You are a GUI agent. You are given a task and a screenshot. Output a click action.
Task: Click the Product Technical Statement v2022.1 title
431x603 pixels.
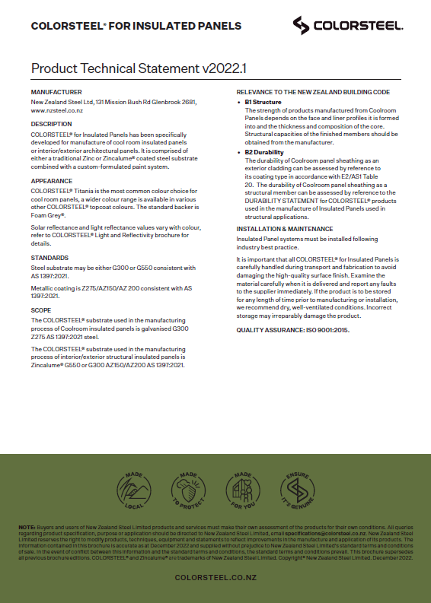pos(139,68)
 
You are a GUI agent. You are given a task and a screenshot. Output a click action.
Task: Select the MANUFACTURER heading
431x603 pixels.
pos(56,92)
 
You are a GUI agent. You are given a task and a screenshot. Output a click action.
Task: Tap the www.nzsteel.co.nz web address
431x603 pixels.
pos(56,110)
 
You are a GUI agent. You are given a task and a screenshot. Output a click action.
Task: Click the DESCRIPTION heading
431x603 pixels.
pos(52,124)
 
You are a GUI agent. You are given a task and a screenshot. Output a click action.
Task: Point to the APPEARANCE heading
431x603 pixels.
pos(52,181)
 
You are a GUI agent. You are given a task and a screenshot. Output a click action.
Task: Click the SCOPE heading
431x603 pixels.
pos(41,310)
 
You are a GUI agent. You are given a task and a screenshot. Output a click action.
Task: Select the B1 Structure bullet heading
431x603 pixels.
pos(263,102)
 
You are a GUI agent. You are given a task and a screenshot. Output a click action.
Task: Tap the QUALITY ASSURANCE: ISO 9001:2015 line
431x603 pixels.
pos(293,330)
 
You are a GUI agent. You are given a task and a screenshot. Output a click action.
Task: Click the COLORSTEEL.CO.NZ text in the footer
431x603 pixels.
pos(215,577)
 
